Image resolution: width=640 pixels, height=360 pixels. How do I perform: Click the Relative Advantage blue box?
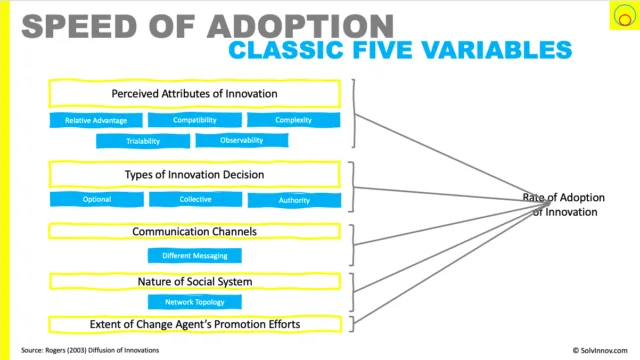click(96, 120)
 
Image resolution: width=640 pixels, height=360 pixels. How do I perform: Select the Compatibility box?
click(195, 120)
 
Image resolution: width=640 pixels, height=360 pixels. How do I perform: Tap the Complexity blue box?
click(293, 120)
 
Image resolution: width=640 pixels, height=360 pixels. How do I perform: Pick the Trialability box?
click(143, 141)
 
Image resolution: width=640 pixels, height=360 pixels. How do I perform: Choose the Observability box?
click(242, 140)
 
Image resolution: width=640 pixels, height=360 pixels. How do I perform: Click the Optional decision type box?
click(97, 200)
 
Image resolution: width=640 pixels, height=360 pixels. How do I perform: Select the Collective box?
click(196, 200)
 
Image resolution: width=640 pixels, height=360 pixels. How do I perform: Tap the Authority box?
click(294, 200)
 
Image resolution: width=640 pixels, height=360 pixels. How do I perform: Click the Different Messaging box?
click(195, 256)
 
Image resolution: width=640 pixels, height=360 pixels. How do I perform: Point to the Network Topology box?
click(195, 302)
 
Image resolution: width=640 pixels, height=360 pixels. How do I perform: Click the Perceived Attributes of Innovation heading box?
click(194, 93)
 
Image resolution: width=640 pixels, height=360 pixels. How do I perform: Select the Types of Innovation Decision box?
click(194, 175)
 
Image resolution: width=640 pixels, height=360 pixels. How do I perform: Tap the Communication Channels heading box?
click(194, 231)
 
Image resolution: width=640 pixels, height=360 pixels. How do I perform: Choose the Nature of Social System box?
click(195, 282)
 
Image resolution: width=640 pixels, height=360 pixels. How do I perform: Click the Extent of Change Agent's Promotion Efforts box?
click(195, 324)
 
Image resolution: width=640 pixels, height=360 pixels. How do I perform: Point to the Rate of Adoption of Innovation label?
click(564, 204)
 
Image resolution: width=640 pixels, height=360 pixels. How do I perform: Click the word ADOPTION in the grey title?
click(300, 27)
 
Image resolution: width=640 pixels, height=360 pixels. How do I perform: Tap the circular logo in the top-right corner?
click(624, 15)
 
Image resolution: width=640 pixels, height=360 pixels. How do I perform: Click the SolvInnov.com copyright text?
click(600, 350)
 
